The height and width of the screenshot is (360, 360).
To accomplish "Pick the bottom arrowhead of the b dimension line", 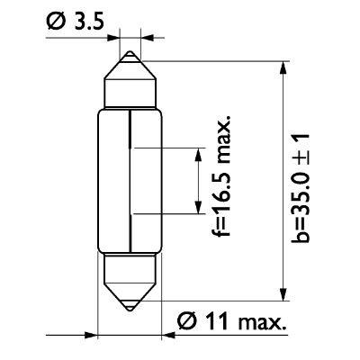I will pyautogui.click(x=285, y=292).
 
